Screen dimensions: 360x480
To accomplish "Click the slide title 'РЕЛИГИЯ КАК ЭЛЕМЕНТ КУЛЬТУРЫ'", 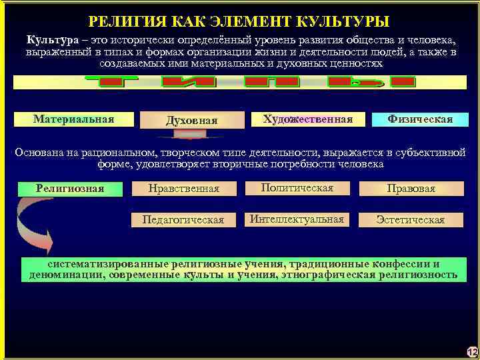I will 239,21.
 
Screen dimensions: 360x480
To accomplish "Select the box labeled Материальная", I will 73,119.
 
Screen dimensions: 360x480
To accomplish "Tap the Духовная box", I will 192,120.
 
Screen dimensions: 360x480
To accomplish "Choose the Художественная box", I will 307,119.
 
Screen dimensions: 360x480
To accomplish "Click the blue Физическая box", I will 420,119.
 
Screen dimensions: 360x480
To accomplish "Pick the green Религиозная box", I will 70,189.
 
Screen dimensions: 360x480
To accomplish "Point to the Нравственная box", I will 184,189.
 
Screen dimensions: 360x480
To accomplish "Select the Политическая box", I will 297,188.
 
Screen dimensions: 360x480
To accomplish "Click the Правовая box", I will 411,189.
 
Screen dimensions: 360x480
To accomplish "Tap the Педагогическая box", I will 183,219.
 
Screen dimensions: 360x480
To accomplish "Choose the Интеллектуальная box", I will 297,219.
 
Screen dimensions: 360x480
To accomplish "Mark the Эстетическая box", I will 411,219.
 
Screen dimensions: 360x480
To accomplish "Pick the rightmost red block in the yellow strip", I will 402,82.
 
